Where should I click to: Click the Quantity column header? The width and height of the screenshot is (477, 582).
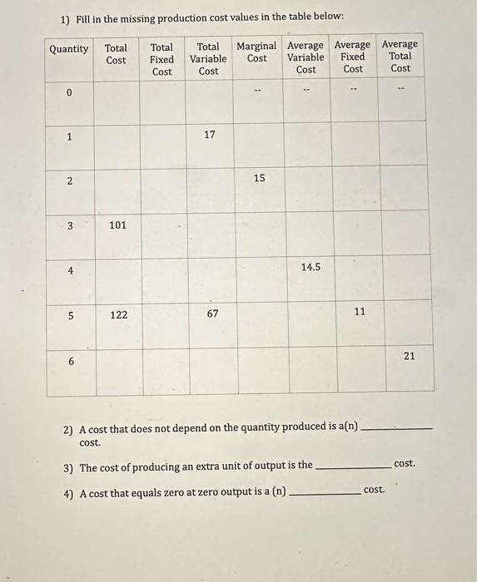coord(68,49)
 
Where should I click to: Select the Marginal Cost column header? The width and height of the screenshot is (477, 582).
coord(257,52)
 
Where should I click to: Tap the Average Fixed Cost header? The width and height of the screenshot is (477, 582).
coord(353,57)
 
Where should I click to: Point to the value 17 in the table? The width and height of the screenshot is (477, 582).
coord(209,134)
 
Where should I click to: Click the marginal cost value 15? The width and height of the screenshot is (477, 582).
coord(259,178)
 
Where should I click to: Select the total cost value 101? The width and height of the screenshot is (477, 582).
coord(118,224)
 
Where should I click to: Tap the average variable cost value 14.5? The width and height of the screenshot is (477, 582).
coord(311,267)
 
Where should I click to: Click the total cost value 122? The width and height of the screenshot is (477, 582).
coord(118,315)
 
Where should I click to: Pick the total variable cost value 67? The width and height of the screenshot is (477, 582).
coord(212,314)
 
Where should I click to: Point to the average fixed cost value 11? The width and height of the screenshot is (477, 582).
coord(360,310)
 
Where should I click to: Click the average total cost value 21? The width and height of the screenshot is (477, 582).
coord(409,355)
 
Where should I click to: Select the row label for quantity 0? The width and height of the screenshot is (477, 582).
coord(70,92)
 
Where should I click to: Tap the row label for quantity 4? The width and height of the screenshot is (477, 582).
coord(70,270)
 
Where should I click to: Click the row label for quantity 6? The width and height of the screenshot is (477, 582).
coord(71,362)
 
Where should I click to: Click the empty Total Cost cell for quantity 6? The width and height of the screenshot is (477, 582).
coord(118,370)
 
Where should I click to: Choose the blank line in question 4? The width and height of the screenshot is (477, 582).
coord(324,494)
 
